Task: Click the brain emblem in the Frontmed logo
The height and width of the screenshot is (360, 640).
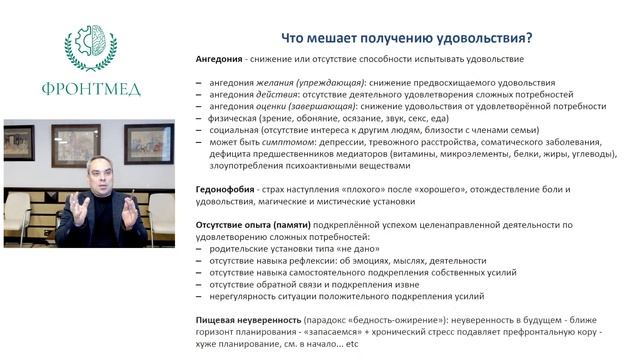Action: [90, 46]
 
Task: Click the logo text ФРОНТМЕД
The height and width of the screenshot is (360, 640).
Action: [90, 88]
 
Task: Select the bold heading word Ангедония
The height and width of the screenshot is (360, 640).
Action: [221, 59]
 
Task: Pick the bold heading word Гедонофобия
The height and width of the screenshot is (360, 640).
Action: [227, 189]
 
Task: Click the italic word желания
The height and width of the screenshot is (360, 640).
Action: [265, 81]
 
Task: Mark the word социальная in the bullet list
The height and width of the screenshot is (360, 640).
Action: [236, 129]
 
